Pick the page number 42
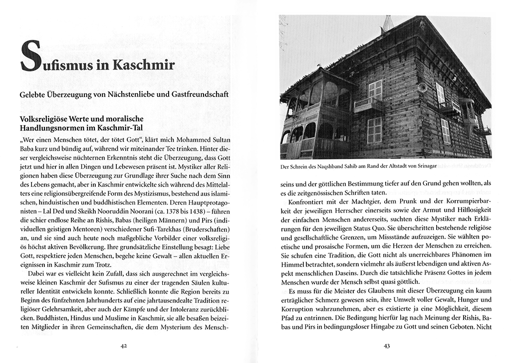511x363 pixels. (x=125, y=344)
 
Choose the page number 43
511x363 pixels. (x=386, y=344)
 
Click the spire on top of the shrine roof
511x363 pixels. (x=387, y=22)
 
